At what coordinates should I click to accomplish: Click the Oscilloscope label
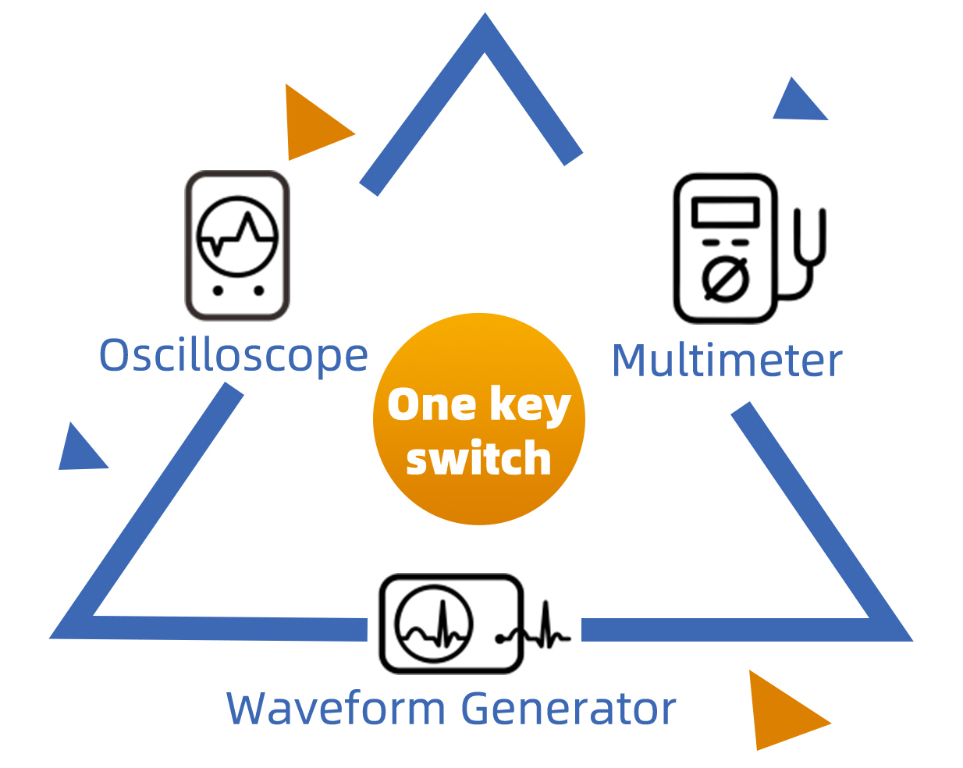pyautogui.click(x=233, y=356)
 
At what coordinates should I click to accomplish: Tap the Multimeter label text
pyautogui.click(x=727, y=360)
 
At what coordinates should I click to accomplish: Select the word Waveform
pyautogui.click(x=336, y=708)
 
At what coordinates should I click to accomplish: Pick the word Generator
pyautogui.click(x=568, y=708)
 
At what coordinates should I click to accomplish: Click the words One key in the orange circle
pyautogui.click(x=479, y=404)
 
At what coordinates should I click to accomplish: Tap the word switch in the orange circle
pyautogui.click(x=478, y=457)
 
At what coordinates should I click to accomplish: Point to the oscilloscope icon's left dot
pyautogui.click(x=218, y=290)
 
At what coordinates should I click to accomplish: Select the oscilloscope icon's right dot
pyautogui.click(x=258, y=290)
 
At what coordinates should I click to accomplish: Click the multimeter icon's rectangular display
pyautogui.click(x=726, y=212)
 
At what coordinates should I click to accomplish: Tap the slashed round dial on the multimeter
pyautogui.click(x=725, y=279)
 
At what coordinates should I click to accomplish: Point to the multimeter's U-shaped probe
pyautogui.click(x=810, y=237)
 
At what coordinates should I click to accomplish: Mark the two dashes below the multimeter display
pyautogui.click(x=725, y=243)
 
